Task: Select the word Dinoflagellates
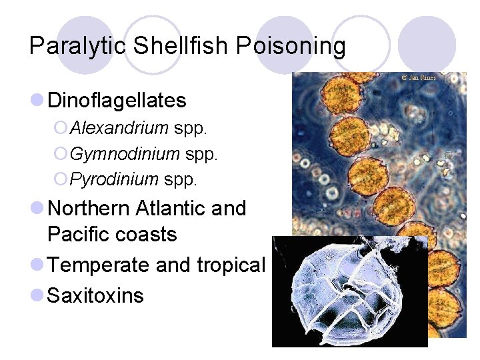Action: pyautogui.click(x=117, y=101)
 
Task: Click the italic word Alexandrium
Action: pyautogui.click(x=119, y=128)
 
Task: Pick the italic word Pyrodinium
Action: pyautogui.click(x=114, y=179)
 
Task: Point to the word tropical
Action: pyautogui.click(x=231, y=265)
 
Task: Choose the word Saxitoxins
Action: pyautogui.click(x=95, y=295)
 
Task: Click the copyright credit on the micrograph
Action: pyautogui.click(x=418, y=78)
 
